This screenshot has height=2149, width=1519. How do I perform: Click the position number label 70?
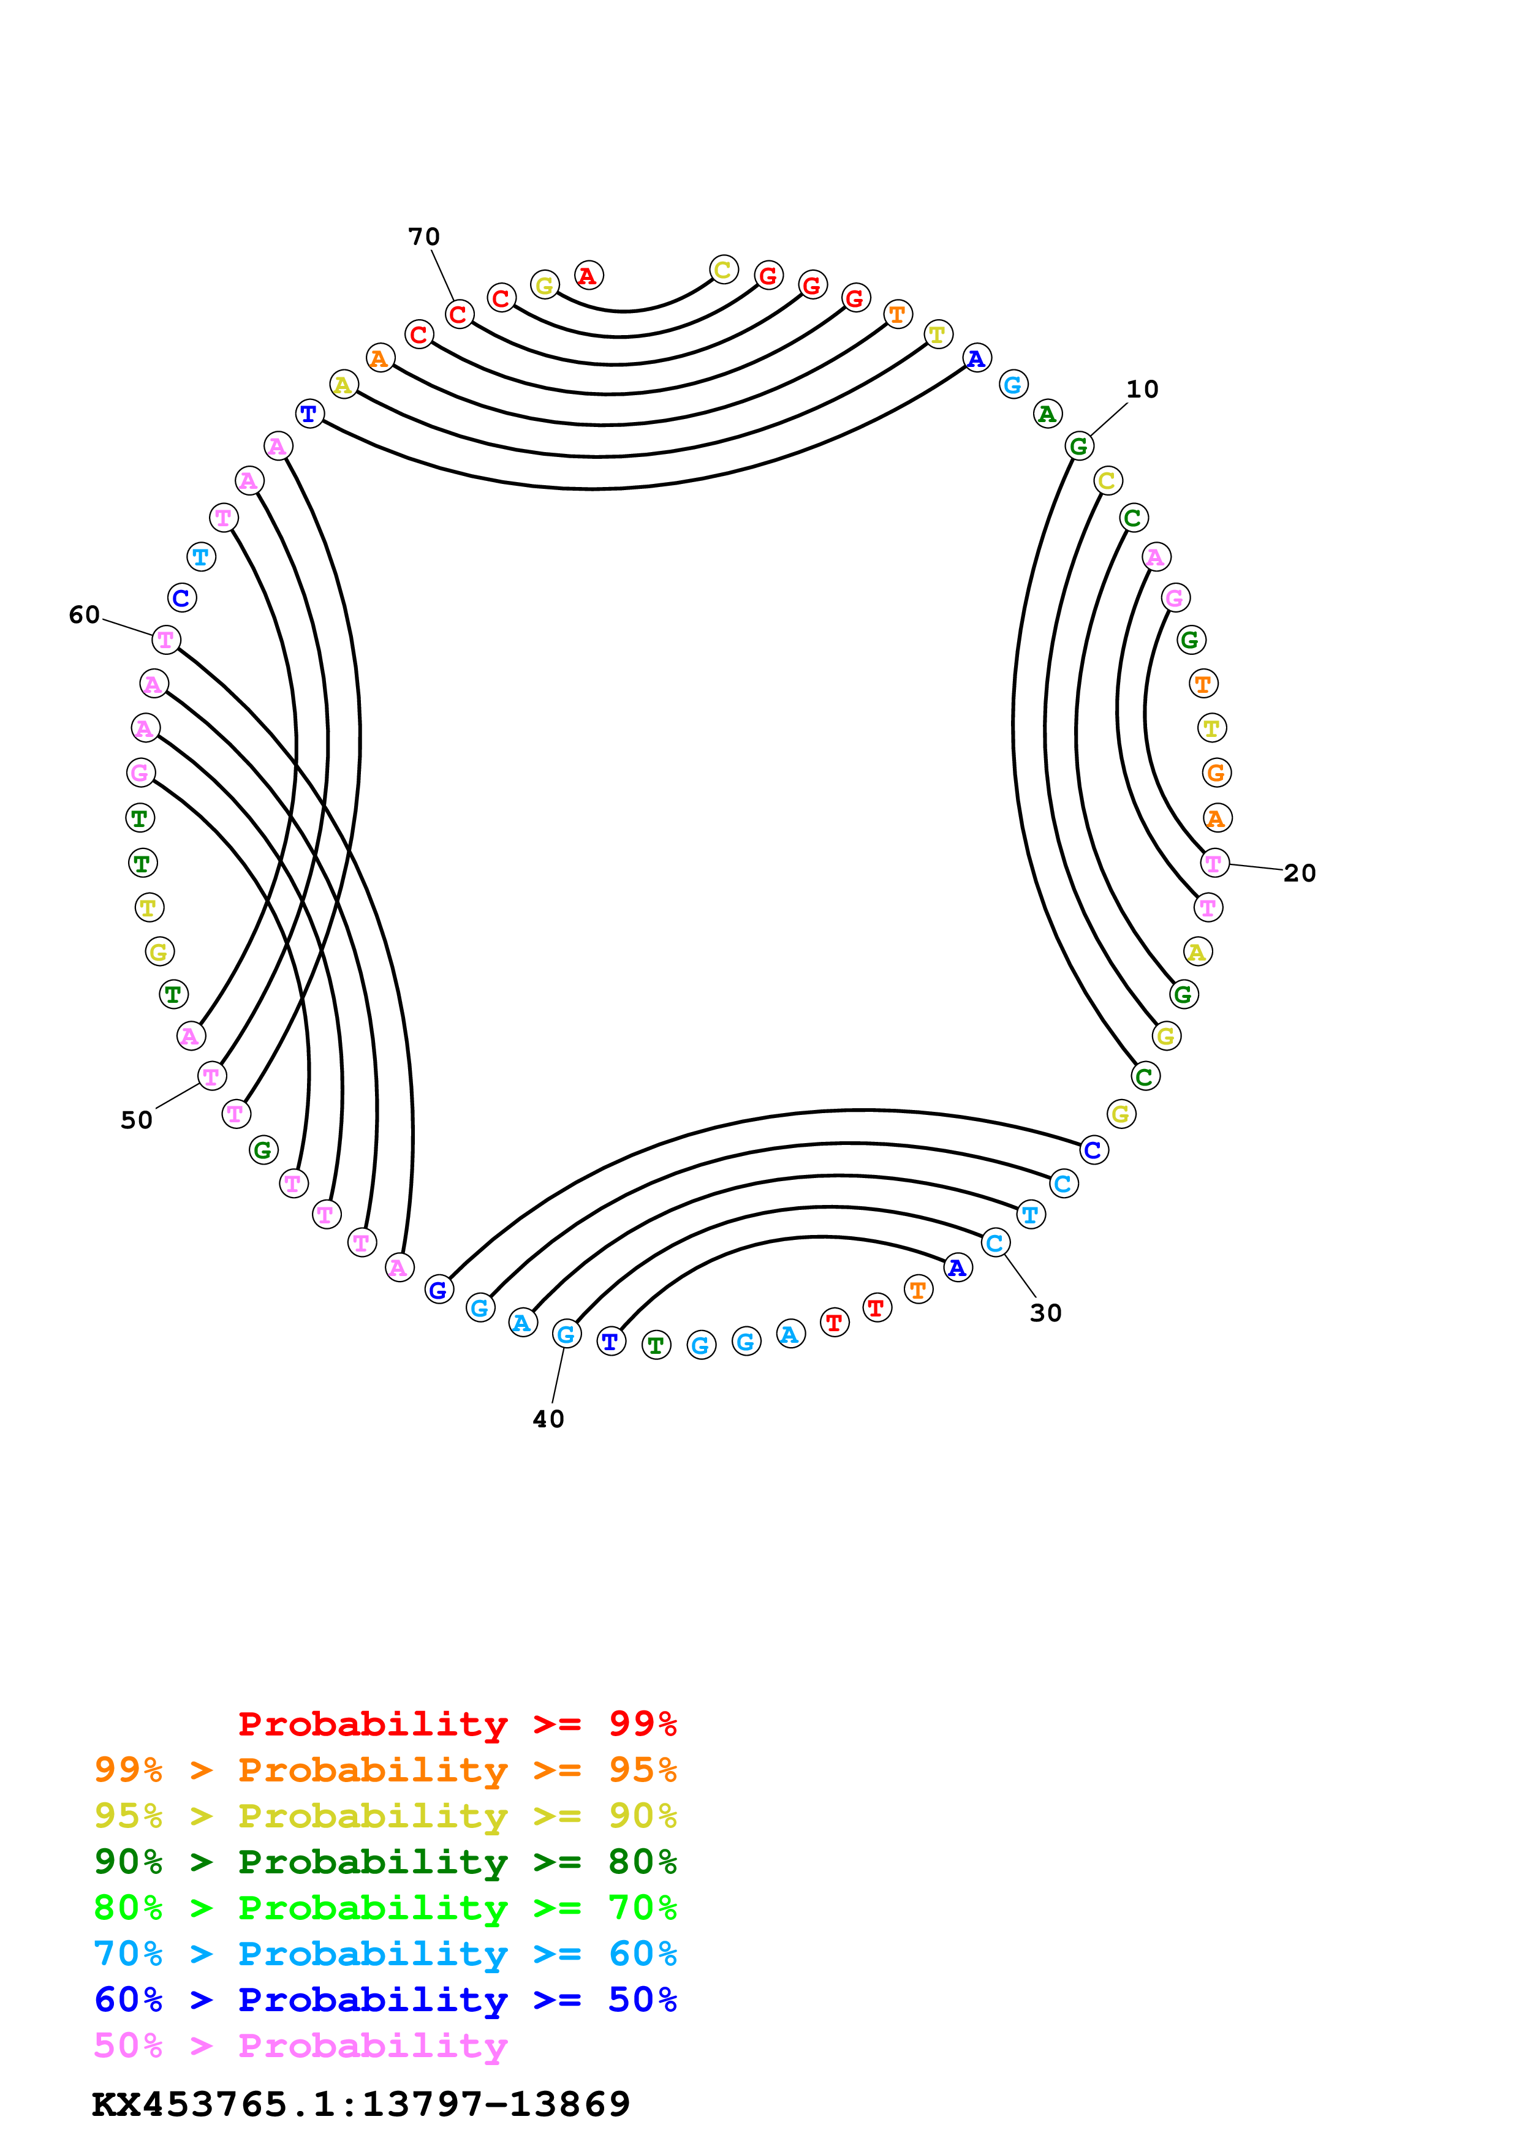(424, 237)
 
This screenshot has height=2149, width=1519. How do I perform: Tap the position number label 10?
(1142, 390)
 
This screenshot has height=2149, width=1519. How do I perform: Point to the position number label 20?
(1299, 874)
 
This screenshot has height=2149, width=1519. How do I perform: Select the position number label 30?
(1045, 1313)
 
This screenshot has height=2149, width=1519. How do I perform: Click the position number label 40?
(548, 1419)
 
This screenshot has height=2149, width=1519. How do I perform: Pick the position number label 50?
(137, 1120)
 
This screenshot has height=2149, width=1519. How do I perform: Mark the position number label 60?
(84, 615)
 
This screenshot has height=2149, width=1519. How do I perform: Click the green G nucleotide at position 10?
(1079, 447)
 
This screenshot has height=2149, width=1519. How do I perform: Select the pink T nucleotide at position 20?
(1214, 863)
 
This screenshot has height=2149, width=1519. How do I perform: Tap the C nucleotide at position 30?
(995, 1243)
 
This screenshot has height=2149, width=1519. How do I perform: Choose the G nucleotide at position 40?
(566, 1334)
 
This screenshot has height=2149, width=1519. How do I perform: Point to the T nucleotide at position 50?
(211, 1076)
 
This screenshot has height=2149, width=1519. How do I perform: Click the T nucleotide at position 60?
(165, 640)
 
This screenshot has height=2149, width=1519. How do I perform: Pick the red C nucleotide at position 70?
(458, 314)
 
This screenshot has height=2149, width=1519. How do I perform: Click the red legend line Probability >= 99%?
(456, 1723)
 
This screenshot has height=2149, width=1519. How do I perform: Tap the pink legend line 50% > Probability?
(300, 2045)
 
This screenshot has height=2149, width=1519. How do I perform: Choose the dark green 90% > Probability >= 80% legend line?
(385, 1862)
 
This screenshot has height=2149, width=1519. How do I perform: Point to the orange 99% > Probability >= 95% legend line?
(385, 1770)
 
